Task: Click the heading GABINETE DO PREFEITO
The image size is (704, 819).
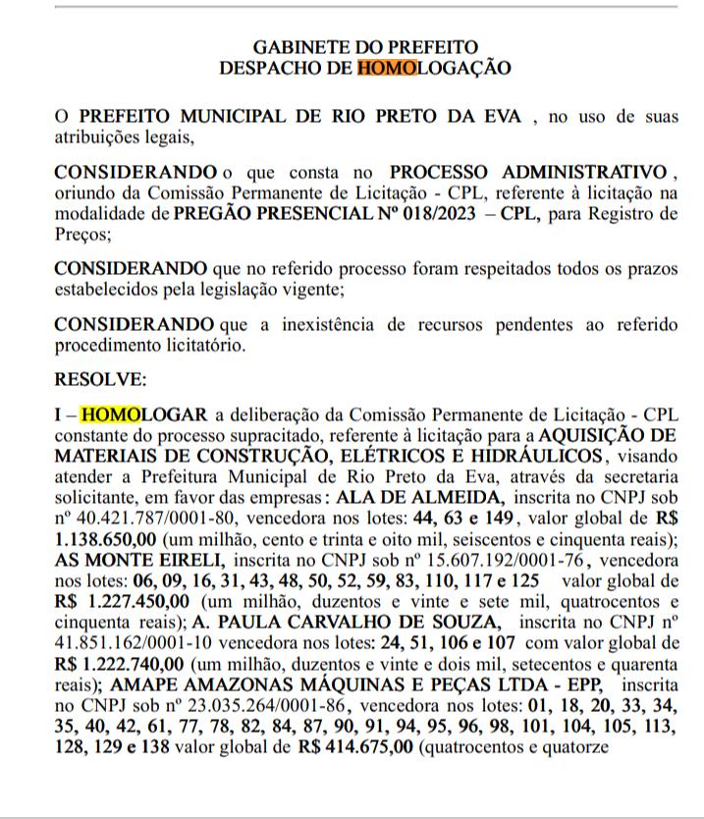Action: pos(366,47)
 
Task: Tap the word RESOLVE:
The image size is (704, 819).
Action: pos(99,379)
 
